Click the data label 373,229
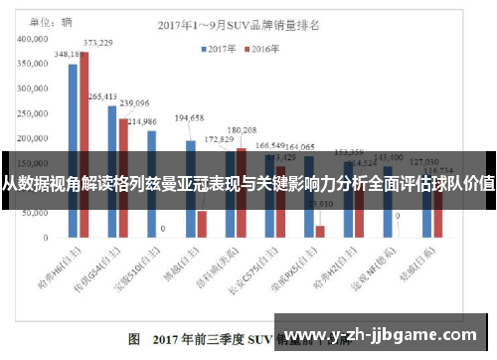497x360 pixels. pyautogui.click(x=97, y=43)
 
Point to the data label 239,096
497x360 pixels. pyautogui.click(x=134, y=102)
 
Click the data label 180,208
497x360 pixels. pyautogui.click(x=242, y=130)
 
